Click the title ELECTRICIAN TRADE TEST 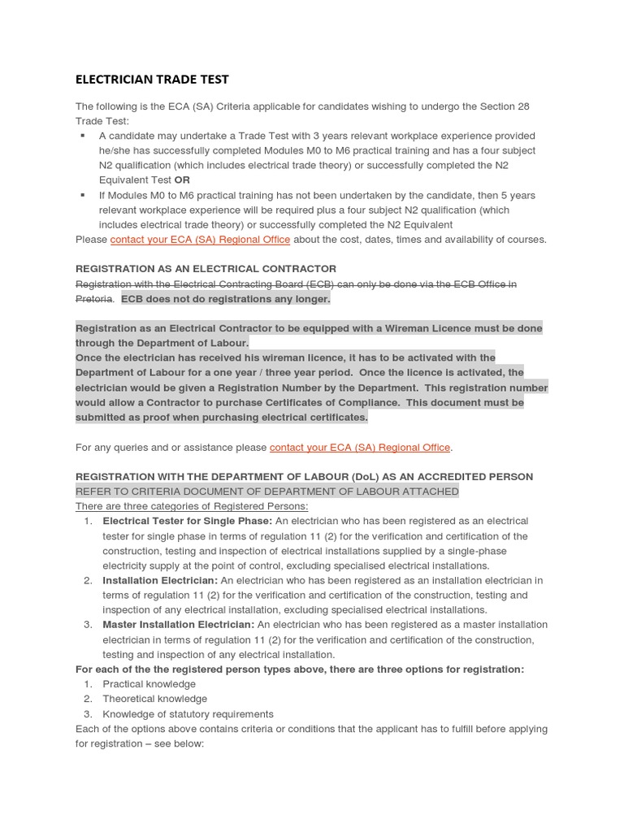(x=152, y=80)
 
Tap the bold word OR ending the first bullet (x=183, y=180)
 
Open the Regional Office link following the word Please (x=200, y=240)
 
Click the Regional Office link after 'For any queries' (x=359, y=447)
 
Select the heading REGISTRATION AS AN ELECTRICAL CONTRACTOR (x=206, y=269)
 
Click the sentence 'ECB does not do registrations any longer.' (x=226, y=299)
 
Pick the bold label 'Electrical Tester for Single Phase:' (x=188, y=521)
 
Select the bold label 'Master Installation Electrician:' (x=179, y=625)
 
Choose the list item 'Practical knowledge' (x=149, y=684)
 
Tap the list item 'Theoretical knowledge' (x=154, y=699)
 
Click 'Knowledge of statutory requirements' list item (x=188, y=714)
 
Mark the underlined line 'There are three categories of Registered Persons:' (x=192, y=506)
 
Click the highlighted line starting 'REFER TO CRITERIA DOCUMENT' (x=266, y=492)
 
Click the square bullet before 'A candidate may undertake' (x=83, y=136)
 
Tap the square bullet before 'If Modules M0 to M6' (x=83, y=195)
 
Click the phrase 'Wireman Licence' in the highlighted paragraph (x=422, y=328)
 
